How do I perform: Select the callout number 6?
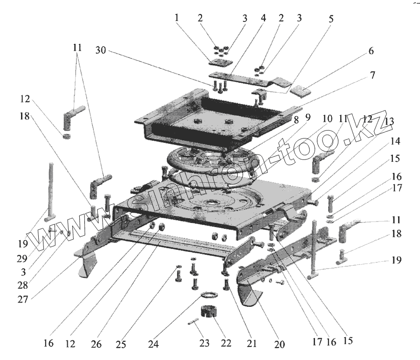371,51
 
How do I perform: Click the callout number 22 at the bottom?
226,344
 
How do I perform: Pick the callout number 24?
154,344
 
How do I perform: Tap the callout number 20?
280,344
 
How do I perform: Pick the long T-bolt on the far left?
49,191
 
